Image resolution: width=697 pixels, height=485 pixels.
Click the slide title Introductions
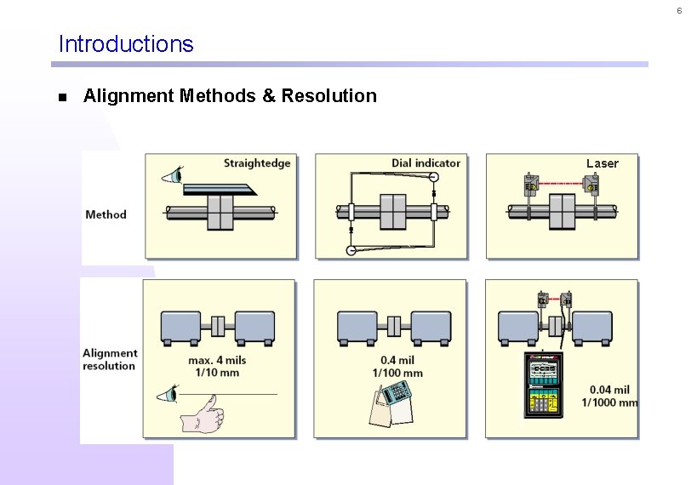point(126,44)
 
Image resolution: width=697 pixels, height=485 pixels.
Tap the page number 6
point(678,10)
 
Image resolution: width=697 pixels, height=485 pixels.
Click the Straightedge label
point(257,163)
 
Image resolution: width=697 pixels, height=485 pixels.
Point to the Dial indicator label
point(426,163)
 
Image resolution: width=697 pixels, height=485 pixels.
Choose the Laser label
point(602,163)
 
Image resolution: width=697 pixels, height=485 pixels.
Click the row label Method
point(106,214)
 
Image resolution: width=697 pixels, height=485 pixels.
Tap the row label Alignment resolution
point(109,359)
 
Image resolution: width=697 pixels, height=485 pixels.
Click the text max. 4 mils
point(217,361)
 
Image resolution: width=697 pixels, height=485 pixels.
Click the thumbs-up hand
point(203,415)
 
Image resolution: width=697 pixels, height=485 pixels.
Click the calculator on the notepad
point(394,393)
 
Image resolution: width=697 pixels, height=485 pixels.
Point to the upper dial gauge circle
point(433,177)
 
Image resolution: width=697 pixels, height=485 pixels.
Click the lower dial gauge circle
point(351,250)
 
